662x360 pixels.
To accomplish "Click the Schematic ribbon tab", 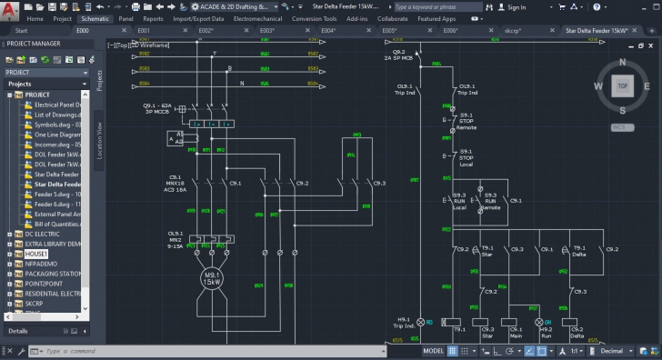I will (94, 18).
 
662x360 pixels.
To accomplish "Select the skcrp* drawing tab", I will (514, 30).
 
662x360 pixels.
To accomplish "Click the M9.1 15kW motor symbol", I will (212, 279).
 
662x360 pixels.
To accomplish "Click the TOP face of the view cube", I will (622, 86).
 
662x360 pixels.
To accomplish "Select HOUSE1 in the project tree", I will (37, 254).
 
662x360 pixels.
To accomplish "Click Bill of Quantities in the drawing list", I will (59, 224).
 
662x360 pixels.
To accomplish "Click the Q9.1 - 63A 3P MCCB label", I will (158, 109).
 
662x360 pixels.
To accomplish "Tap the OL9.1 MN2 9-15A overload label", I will (176, 238).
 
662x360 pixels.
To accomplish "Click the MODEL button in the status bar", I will (434, 350).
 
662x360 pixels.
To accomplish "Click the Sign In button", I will (516, 6).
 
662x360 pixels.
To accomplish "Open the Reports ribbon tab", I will (153, 18).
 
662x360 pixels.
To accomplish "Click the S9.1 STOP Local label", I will (466, 158).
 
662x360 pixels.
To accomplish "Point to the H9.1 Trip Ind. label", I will (403, 323).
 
